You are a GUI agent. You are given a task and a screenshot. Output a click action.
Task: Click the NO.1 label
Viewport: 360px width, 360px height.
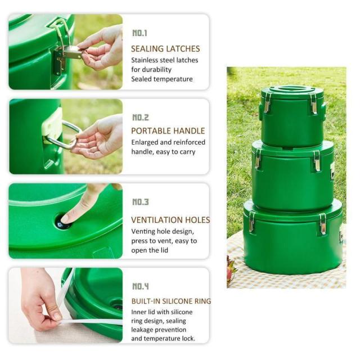(139, 33)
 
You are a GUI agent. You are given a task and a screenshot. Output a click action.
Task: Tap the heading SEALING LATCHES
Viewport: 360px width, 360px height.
(165, 49)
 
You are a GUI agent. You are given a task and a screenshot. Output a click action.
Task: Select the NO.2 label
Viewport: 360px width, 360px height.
(141, 118)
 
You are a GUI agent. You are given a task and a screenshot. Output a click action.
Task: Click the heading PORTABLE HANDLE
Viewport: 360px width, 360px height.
(168, 131)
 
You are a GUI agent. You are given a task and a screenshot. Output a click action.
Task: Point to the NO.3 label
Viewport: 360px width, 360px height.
(141, 202)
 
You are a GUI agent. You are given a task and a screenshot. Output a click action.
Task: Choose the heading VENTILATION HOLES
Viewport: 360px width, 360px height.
(170, 220)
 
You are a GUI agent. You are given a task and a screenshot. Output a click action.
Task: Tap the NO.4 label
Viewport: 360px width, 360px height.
(141, 286)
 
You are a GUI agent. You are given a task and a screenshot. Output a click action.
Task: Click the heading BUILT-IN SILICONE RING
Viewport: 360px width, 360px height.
(171, 301)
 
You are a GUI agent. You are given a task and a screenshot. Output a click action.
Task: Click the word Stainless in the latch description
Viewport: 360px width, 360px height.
(145, 60)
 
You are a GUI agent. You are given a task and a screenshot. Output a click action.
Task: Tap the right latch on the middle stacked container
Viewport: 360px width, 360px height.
(317, 161)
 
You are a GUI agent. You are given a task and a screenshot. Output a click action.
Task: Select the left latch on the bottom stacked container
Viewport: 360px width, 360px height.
(251, 222)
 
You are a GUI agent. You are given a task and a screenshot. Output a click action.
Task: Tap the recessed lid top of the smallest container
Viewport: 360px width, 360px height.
(292, 89)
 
